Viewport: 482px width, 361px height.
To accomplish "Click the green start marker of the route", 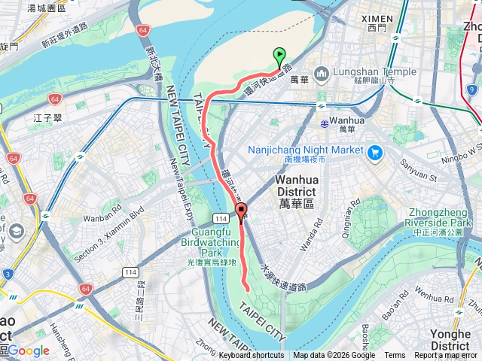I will click(x=279, y=55).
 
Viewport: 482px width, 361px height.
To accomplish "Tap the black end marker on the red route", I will click(x=241, y=211).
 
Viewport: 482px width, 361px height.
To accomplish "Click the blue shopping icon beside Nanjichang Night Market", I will click(x=376, y=151).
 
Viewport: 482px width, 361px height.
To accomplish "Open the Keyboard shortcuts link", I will click(x=251, y=356).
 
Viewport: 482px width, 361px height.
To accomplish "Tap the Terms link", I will click(x=395, y=356).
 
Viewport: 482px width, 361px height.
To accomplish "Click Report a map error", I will click(x=446, y=356).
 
